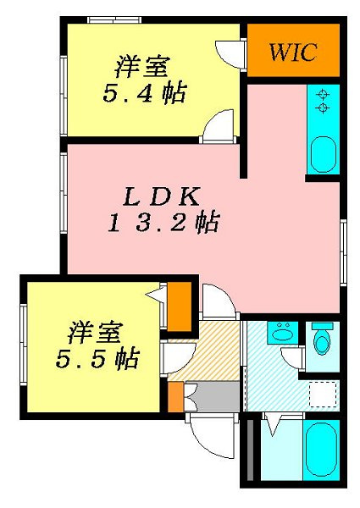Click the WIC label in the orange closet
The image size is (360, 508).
(x=292, y=52)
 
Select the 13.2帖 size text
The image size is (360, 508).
(x=163, y=224)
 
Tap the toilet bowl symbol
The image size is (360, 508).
(x=322, y=341)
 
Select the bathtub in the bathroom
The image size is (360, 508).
(x=321, y=450)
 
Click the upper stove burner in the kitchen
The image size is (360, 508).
(x=323, y=94)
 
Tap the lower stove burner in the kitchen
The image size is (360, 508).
(x=323, y=108)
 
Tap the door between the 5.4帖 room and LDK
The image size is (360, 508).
(x=216, y=124)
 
